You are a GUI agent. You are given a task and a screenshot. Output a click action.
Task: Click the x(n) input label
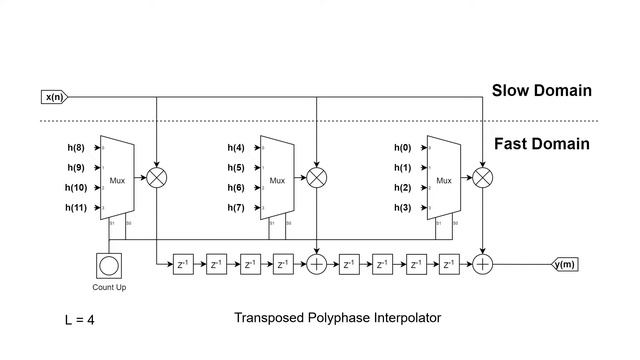point(53,97)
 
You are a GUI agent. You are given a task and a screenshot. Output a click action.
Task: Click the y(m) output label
point(565,264)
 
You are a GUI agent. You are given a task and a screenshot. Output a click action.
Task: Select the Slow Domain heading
point(541,91)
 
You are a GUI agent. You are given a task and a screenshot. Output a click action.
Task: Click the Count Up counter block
point(109,266)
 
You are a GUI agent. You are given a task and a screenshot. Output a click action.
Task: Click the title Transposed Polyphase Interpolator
point(337,318)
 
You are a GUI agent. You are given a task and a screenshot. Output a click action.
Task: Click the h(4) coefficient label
point(236,147)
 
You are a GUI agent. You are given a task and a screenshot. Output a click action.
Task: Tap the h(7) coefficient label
point(236,207)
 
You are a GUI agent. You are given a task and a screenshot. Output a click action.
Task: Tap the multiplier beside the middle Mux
point(316,177)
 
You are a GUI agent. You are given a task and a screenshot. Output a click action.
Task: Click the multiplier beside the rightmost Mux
point(483,177)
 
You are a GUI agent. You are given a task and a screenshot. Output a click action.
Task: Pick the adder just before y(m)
point(483,264)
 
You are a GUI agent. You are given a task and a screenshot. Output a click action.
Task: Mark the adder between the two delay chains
point(316,264)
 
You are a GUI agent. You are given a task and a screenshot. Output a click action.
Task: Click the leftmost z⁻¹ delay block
point(183,265)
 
